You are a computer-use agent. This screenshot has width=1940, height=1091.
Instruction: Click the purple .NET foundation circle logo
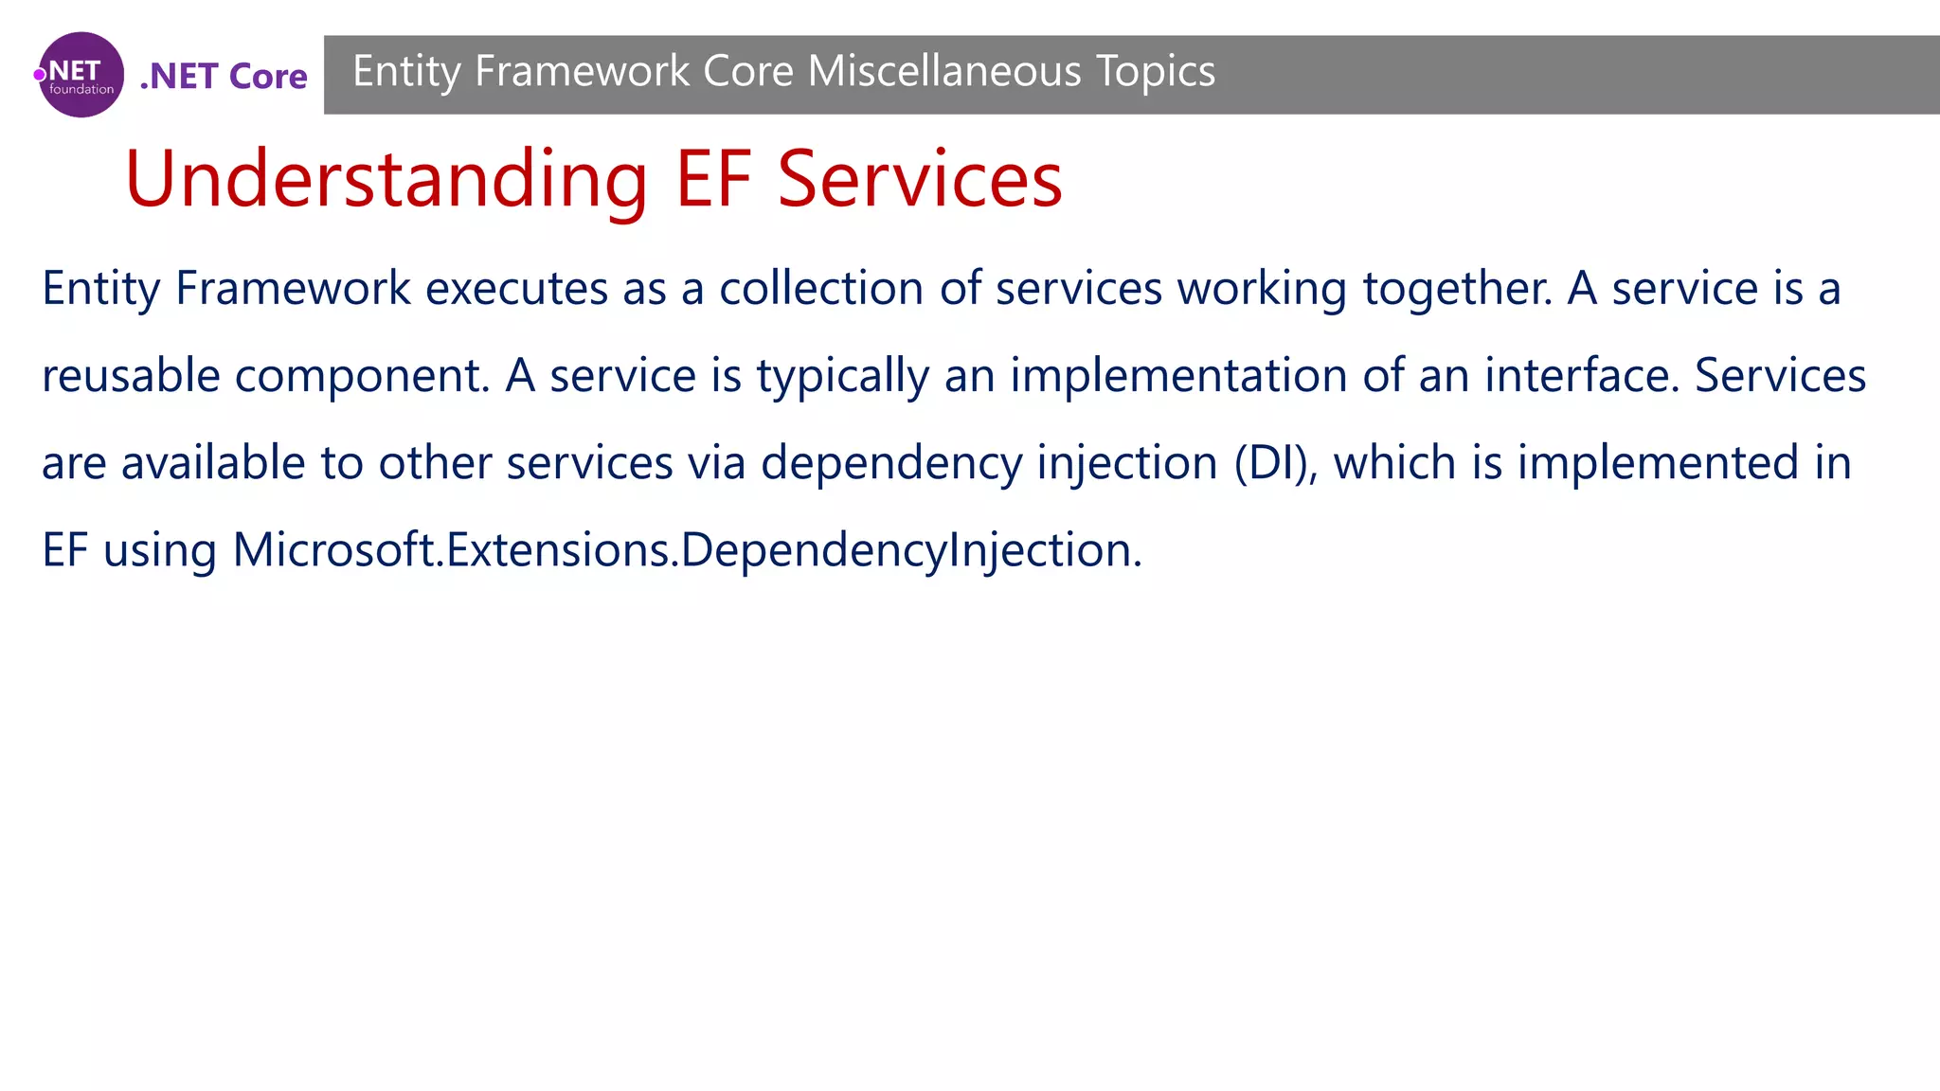(81, 75)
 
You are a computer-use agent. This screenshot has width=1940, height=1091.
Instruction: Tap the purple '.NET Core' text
(224, 76)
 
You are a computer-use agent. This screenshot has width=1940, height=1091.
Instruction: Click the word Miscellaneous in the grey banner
(944, 71)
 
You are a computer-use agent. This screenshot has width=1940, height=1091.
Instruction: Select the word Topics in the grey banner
(1156, 71)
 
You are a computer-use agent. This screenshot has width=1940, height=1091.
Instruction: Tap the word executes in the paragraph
(516, 288)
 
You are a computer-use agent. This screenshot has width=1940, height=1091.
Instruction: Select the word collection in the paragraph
(820, 288)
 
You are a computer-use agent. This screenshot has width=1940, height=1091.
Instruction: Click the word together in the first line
(1457, 288)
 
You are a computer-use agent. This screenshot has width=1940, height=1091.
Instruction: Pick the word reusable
(131, 375)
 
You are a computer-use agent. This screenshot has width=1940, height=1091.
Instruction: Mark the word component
(362, 377)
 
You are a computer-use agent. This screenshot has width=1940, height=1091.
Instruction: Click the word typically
(842, 377)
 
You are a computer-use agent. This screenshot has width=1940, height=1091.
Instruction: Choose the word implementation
(1178, 375)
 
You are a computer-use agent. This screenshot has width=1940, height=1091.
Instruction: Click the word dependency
(891, 464)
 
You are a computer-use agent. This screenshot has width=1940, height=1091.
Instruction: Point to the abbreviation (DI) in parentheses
(1276, 462)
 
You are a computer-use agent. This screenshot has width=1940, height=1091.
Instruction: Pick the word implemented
(1658, 462)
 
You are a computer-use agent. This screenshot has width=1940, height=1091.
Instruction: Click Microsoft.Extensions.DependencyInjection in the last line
(687, 550)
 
